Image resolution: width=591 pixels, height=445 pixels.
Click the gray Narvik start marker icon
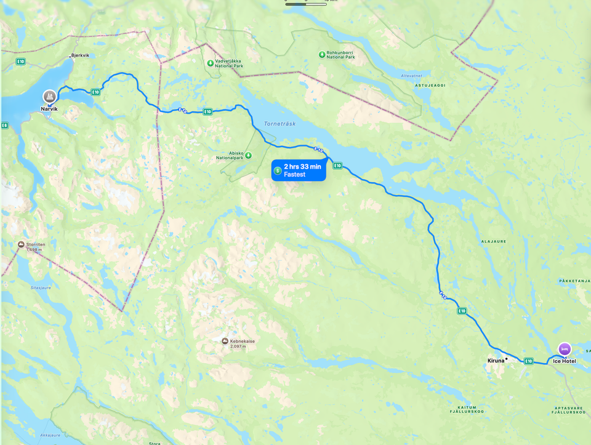tap(49, 96)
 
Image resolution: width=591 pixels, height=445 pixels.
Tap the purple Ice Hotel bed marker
tap(565, 349)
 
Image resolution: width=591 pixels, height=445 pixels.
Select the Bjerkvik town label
tap(80, 55)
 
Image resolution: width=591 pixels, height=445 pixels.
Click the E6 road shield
tap(4, 126)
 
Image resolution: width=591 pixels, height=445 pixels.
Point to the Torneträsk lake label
tap(279, 124)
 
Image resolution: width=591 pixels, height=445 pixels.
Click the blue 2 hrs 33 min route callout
tap(299, 170)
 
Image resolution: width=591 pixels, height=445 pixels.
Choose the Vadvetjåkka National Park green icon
tap(211, 63)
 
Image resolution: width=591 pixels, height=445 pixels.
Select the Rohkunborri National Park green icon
tap(321, 55)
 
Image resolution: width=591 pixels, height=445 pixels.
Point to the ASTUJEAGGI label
tap(428, 86)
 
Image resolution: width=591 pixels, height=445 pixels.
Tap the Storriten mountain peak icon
tap(22, 244)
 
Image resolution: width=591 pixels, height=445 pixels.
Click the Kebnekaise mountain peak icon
tap(225, 341)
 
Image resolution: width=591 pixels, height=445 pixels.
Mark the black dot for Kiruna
tap(506, 359)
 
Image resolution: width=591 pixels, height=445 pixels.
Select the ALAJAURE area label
tap(493, 241)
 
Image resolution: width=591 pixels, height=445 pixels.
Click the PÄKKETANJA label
tap(574, 281)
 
